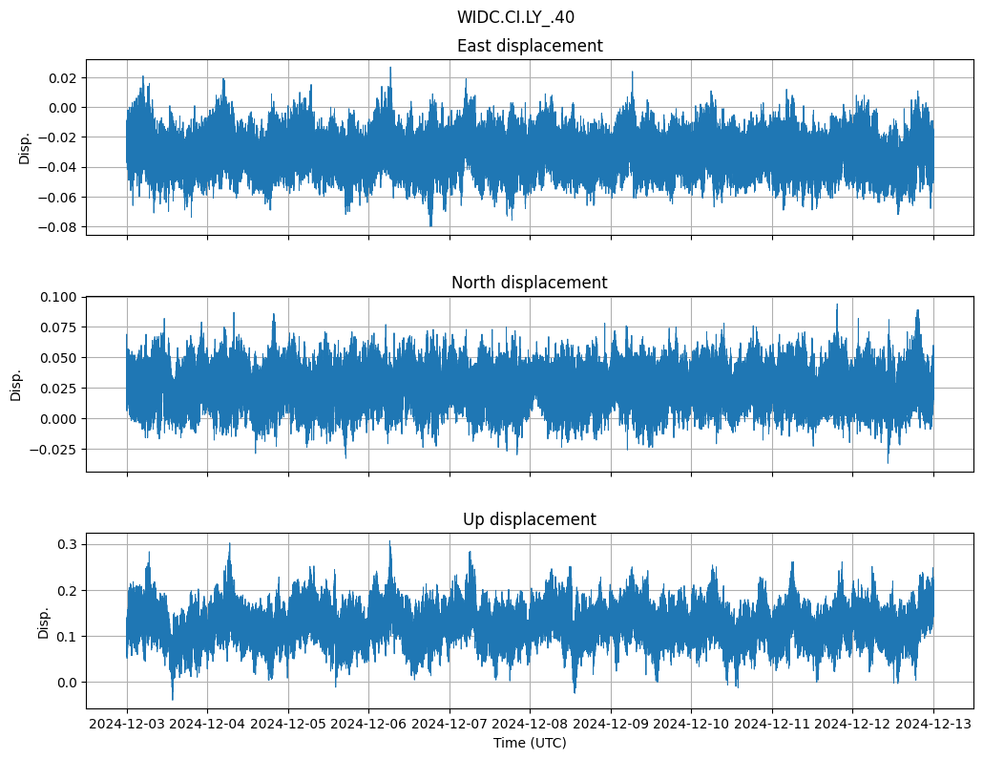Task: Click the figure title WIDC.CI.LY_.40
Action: (x=515, y=17)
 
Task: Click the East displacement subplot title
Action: (x=530, y=46)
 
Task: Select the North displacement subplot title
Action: (x=530, y=283)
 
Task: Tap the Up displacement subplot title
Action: (x=530, y=519)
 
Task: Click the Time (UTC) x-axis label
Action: (x=530, y=743)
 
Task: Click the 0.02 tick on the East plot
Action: (x=65, y=77)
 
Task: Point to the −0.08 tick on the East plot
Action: (x=59, y=227)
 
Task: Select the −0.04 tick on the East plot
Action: (x=59, y=167)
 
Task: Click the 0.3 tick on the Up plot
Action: (x=69, y=544)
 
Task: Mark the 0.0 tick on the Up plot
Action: (x=69, y=683)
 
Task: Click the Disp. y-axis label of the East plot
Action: (x=25, y=148)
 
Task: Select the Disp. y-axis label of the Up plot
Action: (x=44, y=622)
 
